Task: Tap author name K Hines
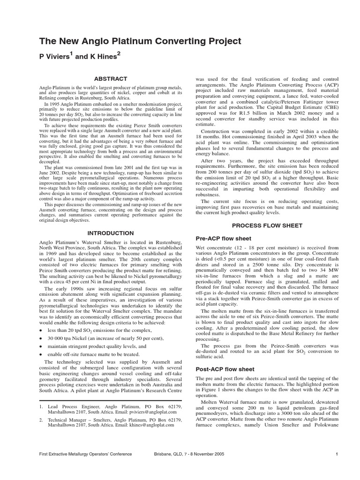103,57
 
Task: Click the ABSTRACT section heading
111,79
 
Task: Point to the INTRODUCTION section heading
111,233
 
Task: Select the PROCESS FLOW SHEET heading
267,225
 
